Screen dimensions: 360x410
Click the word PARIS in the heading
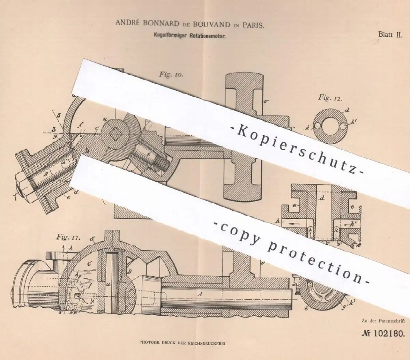coord(250,25)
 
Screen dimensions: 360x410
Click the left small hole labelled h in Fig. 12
coord(317,126)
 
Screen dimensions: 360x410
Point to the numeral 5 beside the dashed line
coord(58,115)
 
